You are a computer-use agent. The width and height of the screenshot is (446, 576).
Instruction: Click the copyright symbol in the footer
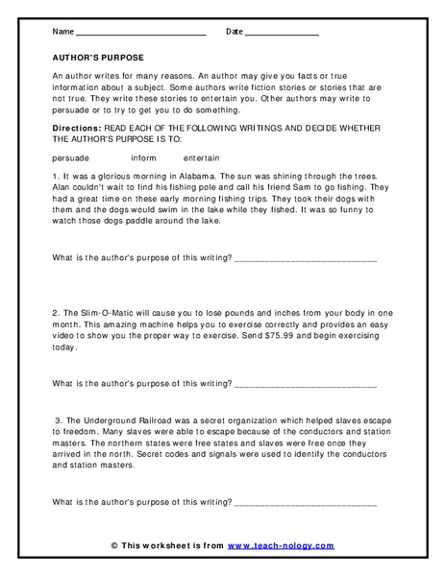tap(115, 545)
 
